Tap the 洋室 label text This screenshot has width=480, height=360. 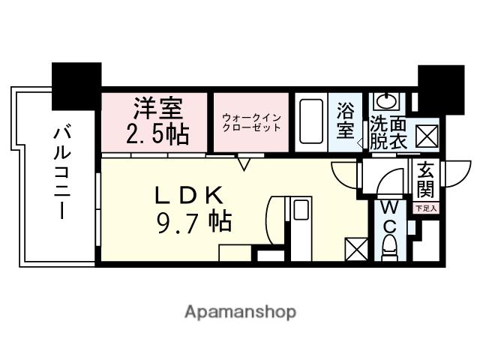[157, 109]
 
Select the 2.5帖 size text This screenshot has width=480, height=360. [157, 135]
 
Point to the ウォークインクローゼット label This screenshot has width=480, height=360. [251, 121]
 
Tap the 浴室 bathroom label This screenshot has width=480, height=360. [346, 120]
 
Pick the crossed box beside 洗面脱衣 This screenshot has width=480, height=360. [425, 136]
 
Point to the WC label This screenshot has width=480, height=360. [390, 215]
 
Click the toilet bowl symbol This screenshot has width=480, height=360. [390, 245]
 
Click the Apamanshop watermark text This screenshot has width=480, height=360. [240, 311]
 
